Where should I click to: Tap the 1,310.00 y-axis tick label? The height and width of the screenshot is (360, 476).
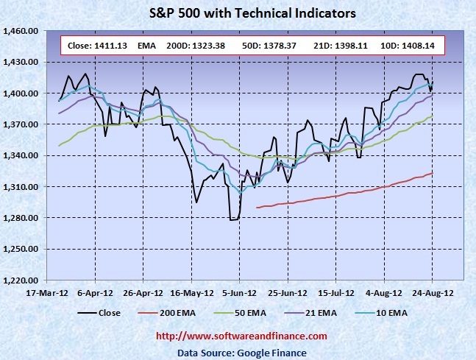pyautogui.click(x=22, y=187)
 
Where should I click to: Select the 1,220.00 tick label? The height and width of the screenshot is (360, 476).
pyautogui.click(x=22, y=280)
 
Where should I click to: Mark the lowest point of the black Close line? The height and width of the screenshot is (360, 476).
pyautogui.click(x=233, y=219)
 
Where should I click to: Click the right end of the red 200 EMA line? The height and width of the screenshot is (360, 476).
pyautogui.click(x=432, y=173)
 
